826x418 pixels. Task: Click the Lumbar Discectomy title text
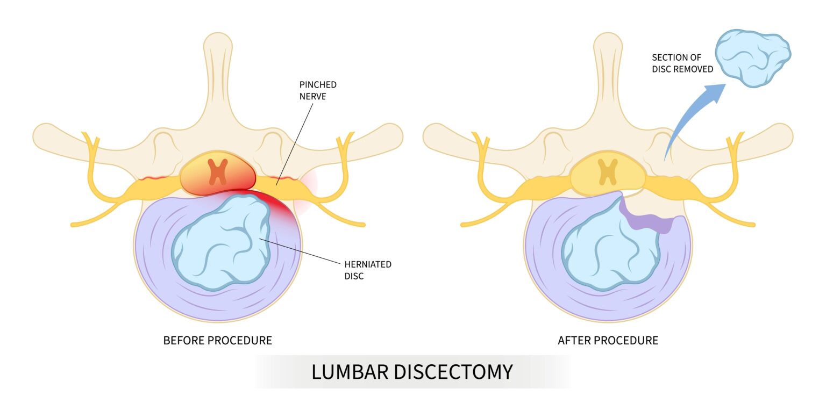pyautogui.click(x=412, y=372)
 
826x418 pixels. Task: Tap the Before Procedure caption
pyautogui.click(x=217, y=341)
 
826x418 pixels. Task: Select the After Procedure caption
pyautogui.click(x=608, y=341)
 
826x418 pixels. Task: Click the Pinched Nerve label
pyautogui.click(x=318, y=90)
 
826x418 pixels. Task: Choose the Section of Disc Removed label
pyautogui.click(x=682, y=63)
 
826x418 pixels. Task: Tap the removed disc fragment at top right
pyautogui.click(x=753, y=57)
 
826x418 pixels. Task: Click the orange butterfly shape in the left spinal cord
pyautogui.click(x=218, y=171)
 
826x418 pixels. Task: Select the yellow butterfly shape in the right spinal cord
pyautogui.click(x=608, y=171)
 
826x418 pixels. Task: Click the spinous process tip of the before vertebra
pyautogui.click(x=218, y=43)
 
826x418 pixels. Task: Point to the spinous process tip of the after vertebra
pyautogui.click(x=608, y=43)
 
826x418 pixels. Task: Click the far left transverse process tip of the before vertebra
pyautogui.click(x=40, y=134)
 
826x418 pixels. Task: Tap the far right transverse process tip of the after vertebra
pyautogui.click(x=786, y=134)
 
